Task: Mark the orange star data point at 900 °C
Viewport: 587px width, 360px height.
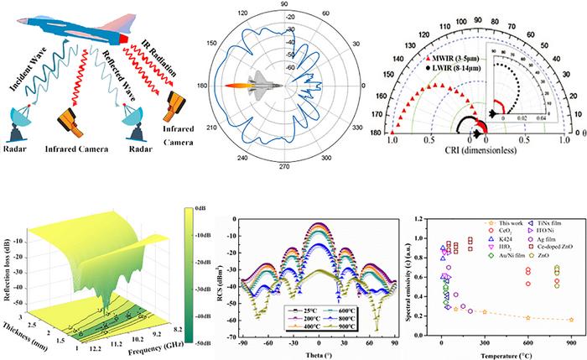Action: pos(571,320)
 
